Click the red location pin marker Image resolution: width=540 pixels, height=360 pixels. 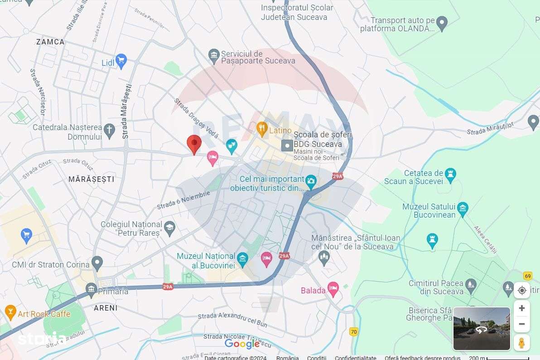[x=194, y=143]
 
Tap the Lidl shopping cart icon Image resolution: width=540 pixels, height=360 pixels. [x=121, y=61]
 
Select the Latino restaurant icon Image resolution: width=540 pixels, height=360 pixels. [x=262, y=129]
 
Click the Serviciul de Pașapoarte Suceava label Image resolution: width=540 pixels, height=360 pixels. [x=258, y=57]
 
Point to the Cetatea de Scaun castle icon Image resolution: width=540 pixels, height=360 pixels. [x=450, y=174]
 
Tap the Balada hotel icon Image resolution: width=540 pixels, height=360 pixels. [x=333, y=288]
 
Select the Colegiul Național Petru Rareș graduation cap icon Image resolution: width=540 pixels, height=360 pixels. [x=169, y=228]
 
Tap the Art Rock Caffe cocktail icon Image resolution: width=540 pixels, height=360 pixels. [x=10, y=312]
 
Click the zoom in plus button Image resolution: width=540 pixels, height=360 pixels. [x=521, y=308]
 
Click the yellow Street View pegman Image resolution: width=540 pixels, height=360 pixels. [x=521, y=342]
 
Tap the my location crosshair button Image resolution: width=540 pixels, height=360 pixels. [x=521, y=290]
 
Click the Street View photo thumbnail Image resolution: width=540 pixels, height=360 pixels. [x=482, y=329]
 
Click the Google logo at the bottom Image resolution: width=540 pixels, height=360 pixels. [x=242, y=344]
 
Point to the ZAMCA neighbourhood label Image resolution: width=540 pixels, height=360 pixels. [x=50, y=42]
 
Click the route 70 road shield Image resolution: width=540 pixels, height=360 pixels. [x=354, y=332]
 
